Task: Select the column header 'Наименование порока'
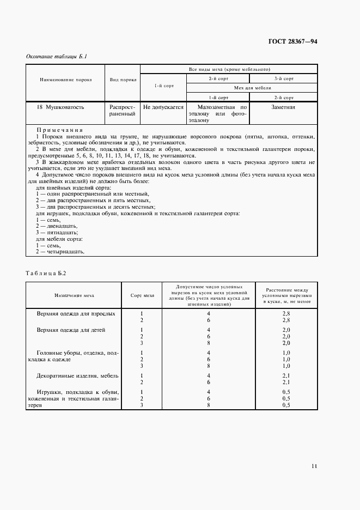click(66, 80)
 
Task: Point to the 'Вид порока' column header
click(123, 80)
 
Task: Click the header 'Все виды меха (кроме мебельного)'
click(229, 69)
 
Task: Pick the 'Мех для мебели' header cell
click(253, 88)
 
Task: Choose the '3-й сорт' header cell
click(284, 79)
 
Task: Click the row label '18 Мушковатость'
click(61, 107)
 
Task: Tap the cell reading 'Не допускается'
click(163, 107)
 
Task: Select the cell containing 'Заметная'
click(283, 107)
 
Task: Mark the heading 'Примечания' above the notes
click(59, 131)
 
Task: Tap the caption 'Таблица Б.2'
click(46, 274)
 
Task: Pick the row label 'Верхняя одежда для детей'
click(71, 330)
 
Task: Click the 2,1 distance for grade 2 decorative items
click(286, 382)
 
